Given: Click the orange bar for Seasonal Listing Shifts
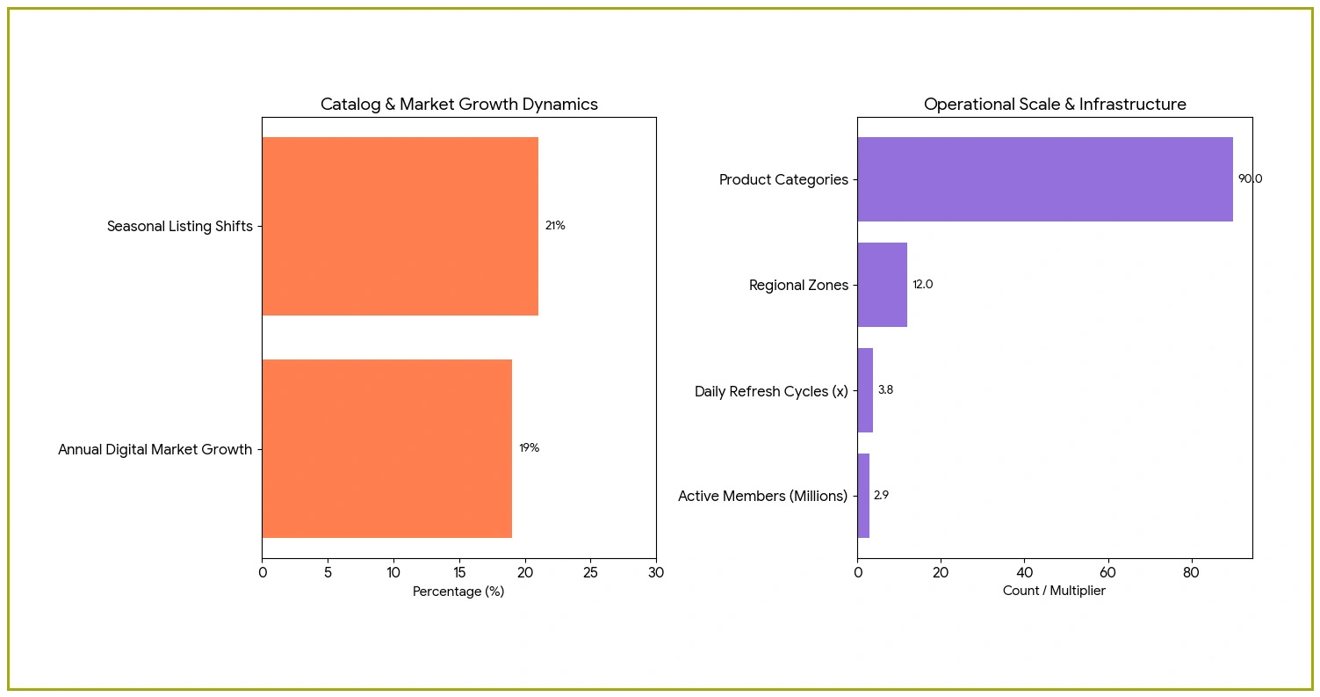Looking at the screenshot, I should click(400, 226).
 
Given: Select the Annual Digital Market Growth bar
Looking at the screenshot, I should click(386, 448).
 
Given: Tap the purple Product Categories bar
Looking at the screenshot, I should click(1044, 179).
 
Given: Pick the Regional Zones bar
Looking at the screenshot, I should click(882, 285).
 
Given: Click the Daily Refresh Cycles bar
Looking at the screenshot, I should click(865, 390).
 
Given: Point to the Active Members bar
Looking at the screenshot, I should click(863, 496).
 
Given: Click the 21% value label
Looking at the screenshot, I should click(555, 226).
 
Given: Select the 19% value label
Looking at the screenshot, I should click(529, 448).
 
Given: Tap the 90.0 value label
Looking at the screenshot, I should click(1250, 179).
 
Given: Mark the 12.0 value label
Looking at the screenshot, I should click(922, 285).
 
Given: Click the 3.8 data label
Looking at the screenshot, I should click(885, 390).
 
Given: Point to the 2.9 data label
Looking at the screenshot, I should click(881, 496).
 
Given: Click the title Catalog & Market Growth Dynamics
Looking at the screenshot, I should click(458, 105).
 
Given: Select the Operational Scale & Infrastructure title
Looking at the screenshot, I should click(1054, 105).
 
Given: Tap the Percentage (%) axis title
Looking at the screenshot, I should click(458, 592).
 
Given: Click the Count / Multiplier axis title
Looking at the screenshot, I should click(1054, 592).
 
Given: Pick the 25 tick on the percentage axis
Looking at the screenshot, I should click(590, 573).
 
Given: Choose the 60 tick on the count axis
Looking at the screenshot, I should click(1107, 573).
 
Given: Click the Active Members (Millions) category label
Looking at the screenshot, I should click(762, 497).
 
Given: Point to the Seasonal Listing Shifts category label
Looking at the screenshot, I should click(179, 227).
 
